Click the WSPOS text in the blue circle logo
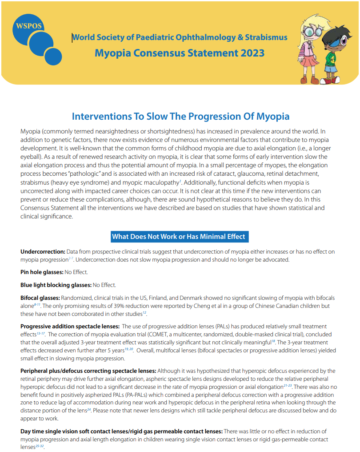pyautogui.click(x=28, y=25)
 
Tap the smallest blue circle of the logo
pyautogui.click(x=53, y=56)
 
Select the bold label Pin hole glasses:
pyautogui.click(x=42, y=272)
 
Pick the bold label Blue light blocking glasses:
pyautogui.click(x=56, y=285)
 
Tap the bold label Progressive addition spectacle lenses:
pyautogui.click(x=69, y=327)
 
